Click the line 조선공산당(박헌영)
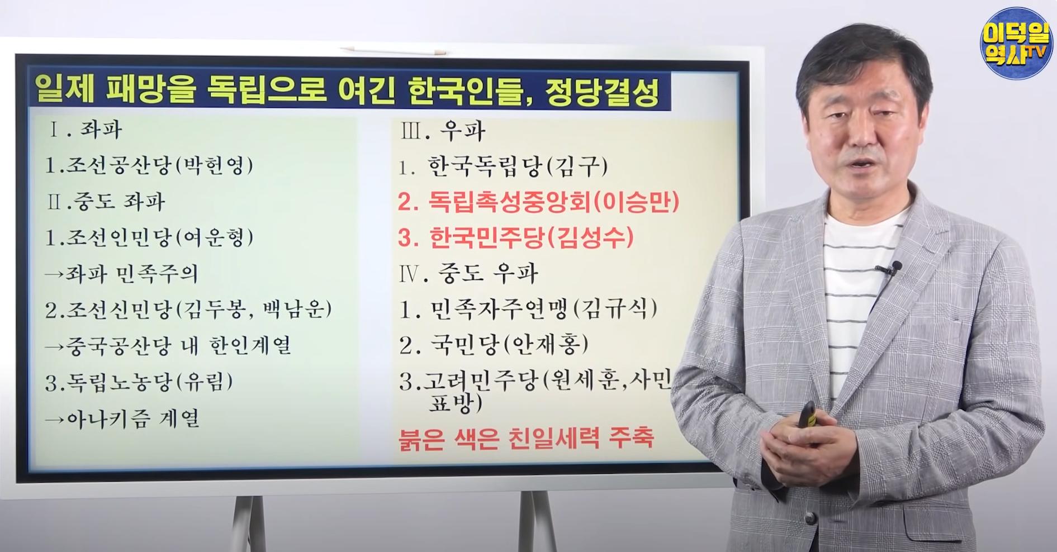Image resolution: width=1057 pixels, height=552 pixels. point(150,166)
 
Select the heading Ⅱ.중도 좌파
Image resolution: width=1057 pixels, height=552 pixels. point(107,202)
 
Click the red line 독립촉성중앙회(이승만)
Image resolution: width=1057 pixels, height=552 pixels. point(538,202)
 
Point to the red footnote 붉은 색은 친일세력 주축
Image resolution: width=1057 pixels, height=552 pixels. point(525,438)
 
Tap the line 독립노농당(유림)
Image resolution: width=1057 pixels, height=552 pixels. point(139,382)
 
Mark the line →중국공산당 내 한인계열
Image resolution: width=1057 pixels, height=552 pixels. point(168,346)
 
